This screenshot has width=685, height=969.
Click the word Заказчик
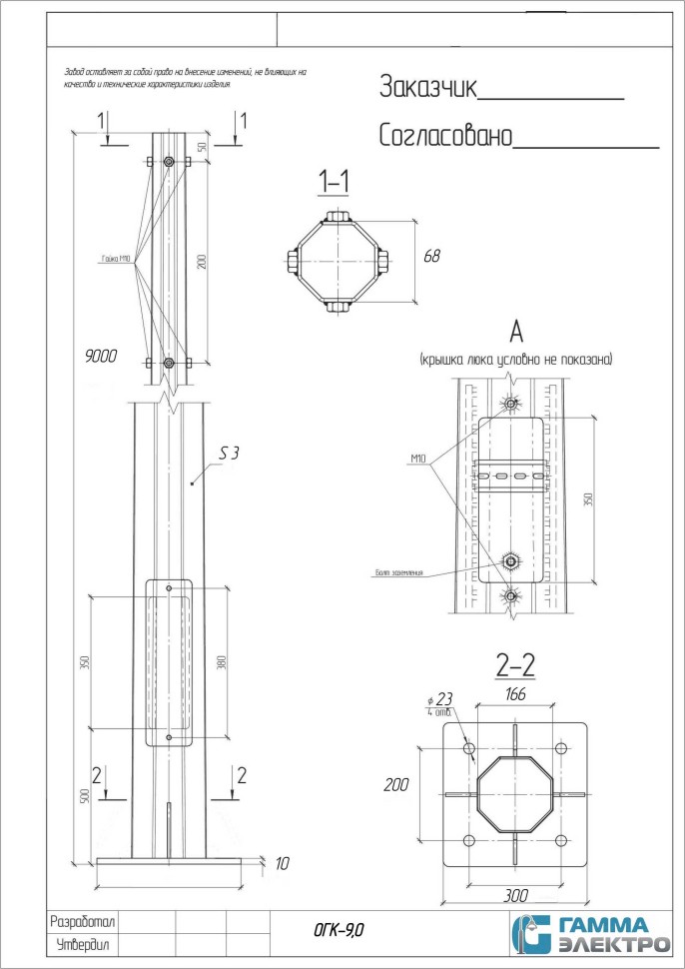pos(428,87)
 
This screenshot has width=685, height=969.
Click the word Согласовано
pos(444,136)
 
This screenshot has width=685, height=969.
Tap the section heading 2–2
pos(517,662)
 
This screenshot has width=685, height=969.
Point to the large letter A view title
pos(516,332)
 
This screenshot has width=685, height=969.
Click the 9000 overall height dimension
pos(101,354)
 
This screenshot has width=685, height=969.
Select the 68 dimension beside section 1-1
pos(432,257)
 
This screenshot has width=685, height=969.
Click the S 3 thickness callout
pos(229,454)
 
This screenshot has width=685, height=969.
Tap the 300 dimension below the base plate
pos(516,895)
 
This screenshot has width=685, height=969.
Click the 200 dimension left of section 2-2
pos(397,785)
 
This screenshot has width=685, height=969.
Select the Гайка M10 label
pos(116,259)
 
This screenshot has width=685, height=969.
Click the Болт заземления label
pos(399,572)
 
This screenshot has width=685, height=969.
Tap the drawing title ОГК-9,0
pos(340,930)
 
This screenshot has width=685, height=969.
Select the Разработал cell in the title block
pos(84,921)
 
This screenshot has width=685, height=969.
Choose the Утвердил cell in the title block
pos(82,944)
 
